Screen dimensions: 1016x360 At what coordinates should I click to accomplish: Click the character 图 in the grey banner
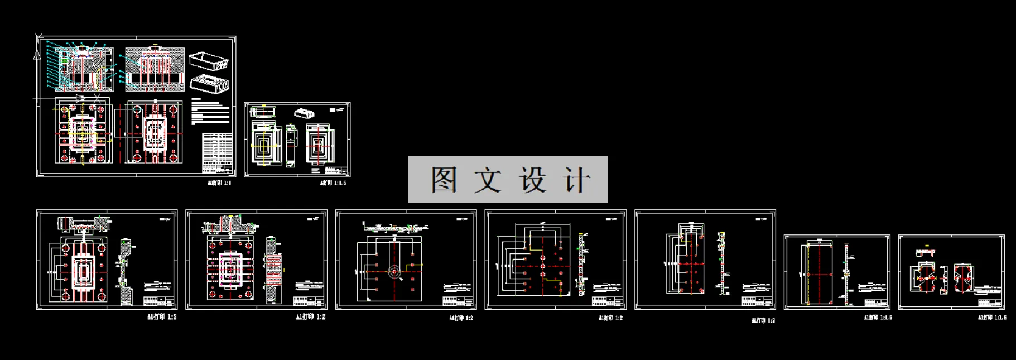[x=444, y=180]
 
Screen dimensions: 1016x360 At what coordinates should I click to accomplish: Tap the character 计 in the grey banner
[x=576, y=180]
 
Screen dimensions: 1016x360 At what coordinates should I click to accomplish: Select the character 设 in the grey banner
[x=532, y=180]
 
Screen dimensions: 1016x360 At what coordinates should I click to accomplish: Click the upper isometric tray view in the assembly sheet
[x=209, y=60]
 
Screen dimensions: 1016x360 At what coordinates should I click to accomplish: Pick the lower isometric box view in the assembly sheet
[x=210, y=83]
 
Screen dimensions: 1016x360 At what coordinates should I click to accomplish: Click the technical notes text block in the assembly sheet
[x=210, y=111]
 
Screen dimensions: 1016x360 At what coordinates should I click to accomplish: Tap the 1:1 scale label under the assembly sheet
[x=219, y=183]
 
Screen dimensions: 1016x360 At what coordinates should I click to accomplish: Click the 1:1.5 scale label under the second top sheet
[x=333, y=183]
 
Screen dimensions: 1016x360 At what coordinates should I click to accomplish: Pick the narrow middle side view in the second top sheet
[x=291, y=146]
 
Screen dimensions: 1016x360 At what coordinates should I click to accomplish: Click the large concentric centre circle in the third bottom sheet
[x=394, y=272]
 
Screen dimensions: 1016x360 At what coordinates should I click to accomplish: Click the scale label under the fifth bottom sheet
[x=763, y=320]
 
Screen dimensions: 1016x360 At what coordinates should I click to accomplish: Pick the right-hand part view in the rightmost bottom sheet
[x=964, y=279]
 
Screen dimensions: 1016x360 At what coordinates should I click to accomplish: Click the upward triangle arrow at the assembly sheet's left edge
[x=37, y=54]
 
